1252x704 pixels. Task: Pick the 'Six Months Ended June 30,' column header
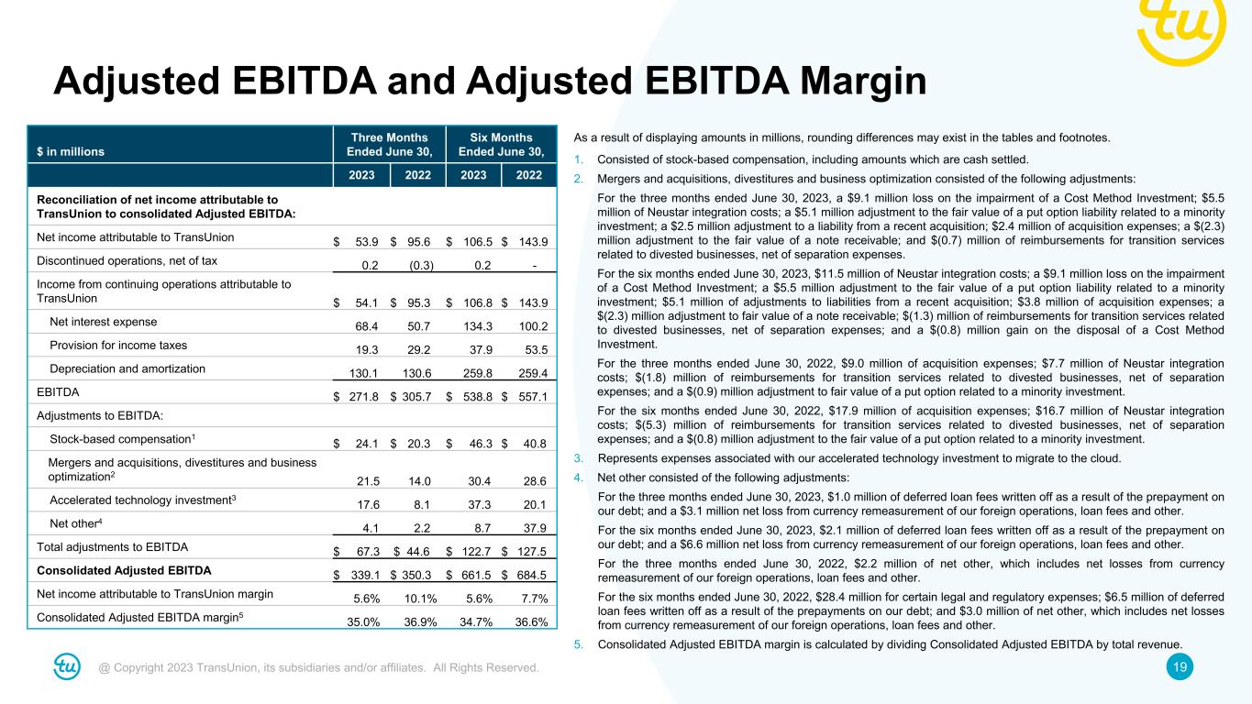click(501, 144)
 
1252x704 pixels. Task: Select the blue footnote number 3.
click(578, 458)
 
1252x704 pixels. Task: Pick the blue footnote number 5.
click(578, 643)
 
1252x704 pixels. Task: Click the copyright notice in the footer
click(318, 667)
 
